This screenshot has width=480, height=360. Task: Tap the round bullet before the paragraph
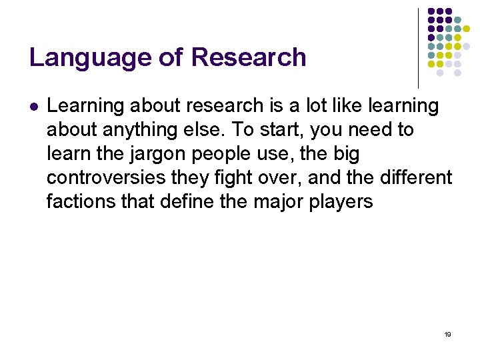click(x=33, y=107)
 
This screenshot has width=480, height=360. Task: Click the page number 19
click(x=447, y=334)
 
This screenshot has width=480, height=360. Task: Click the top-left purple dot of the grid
click(x=431, y=11)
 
